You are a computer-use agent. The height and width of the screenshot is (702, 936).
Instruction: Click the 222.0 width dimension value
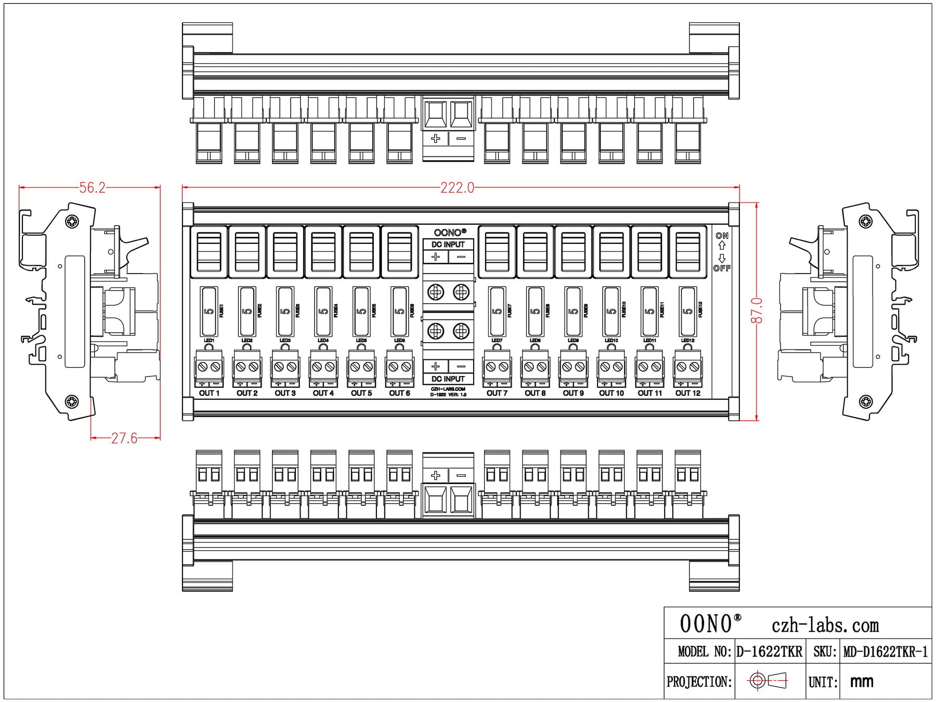457,188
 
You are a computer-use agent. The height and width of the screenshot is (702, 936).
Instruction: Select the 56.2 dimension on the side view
92,188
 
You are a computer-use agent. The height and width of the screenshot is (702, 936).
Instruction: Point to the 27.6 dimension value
124,438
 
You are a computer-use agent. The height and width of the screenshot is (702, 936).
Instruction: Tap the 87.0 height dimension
757,310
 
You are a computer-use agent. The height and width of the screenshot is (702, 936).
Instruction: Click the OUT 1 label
209,393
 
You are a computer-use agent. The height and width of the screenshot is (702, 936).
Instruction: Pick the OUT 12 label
687,393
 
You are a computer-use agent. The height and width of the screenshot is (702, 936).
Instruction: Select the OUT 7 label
497,393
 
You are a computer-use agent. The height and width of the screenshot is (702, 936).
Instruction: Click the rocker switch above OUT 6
399,252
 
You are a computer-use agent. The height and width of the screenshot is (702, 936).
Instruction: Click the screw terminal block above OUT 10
612,367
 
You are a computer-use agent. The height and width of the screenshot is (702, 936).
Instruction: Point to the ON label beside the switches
722,236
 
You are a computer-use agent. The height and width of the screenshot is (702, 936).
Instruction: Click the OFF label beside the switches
722,268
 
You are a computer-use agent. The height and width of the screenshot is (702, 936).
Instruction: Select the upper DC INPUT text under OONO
448,244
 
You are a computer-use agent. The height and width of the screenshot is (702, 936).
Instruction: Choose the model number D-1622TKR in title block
769,652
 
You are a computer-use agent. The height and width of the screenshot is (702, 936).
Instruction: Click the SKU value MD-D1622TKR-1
885,652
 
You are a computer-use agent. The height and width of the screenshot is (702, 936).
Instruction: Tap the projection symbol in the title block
768,681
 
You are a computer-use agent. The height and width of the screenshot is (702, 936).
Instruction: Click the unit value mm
862,682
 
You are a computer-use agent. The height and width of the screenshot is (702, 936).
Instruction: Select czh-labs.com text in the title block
825,625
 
